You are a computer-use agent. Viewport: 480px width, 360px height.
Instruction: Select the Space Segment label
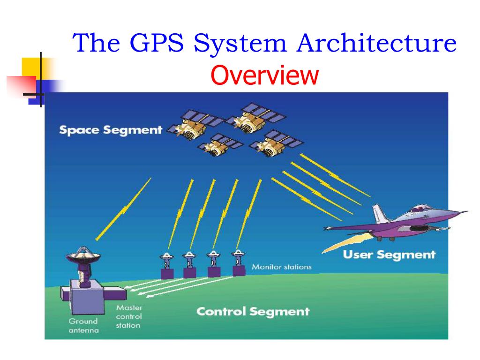point(111,130)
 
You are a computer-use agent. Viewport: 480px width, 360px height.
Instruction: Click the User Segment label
point(389,255)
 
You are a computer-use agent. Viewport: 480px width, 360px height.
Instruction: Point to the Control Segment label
point(253,311)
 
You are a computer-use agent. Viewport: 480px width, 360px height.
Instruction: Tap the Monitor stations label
point(281,267)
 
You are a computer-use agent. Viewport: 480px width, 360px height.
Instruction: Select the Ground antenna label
point(83,325)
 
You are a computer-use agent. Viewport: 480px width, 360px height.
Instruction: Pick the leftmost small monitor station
point(167,266)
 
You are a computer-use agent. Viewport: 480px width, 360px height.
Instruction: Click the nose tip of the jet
point(466,211)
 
